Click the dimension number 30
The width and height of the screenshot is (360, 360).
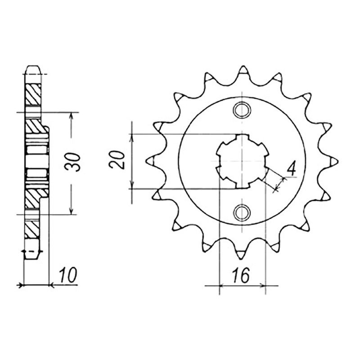coord(72,162)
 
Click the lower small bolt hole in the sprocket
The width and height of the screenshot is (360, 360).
coord(242,211)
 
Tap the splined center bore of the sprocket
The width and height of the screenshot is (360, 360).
coord(242,161)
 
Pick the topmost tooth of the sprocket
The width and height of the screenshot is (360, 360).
coord(243,71)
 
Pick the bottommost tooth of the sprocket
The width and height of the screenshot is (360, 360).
coord(240,253)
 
